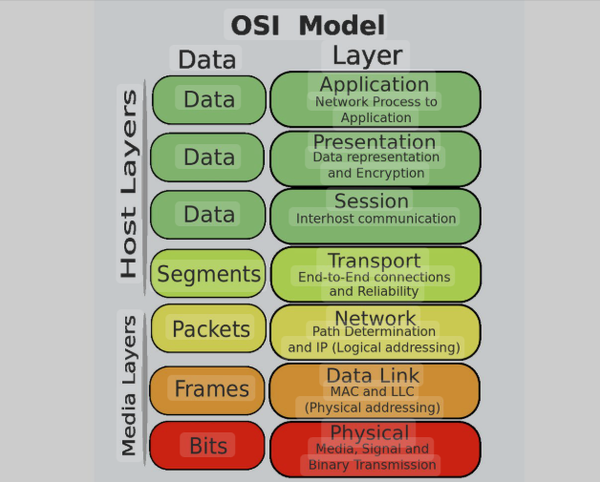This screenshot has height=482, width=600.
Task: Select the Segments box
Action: [x=208, y=274]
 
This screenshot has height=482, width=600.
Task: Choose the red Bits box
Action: [x=208, y=445]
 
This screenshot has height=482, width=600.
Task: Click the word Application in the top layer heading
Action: [x=375, y=85]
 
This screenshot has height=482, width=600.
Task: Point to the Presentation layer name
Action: [x=375, y=142]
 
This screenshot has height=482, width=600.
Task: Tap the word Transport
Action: [x=374, y=261]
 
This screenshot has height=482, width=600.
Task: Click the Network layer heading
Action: [x=375, y=318]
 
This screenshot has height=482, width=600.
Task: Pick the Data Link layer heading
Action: [x=374, y=375]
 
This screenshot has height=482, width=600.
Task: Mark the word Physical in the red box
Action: [x=370, y=432]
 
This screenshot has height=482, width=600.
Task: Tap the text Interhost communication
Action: [x=375, y=219]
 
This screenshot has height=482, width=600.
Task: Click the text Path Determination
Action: [x=374, y=332]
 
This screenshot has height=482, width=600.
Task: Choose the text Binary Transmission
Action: [x=373, y=465]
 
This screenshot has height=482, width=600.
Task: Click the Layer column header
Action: [x=368, y=54]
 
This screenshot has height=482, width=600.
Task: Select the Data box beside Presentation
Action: [x=209, y=157]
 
